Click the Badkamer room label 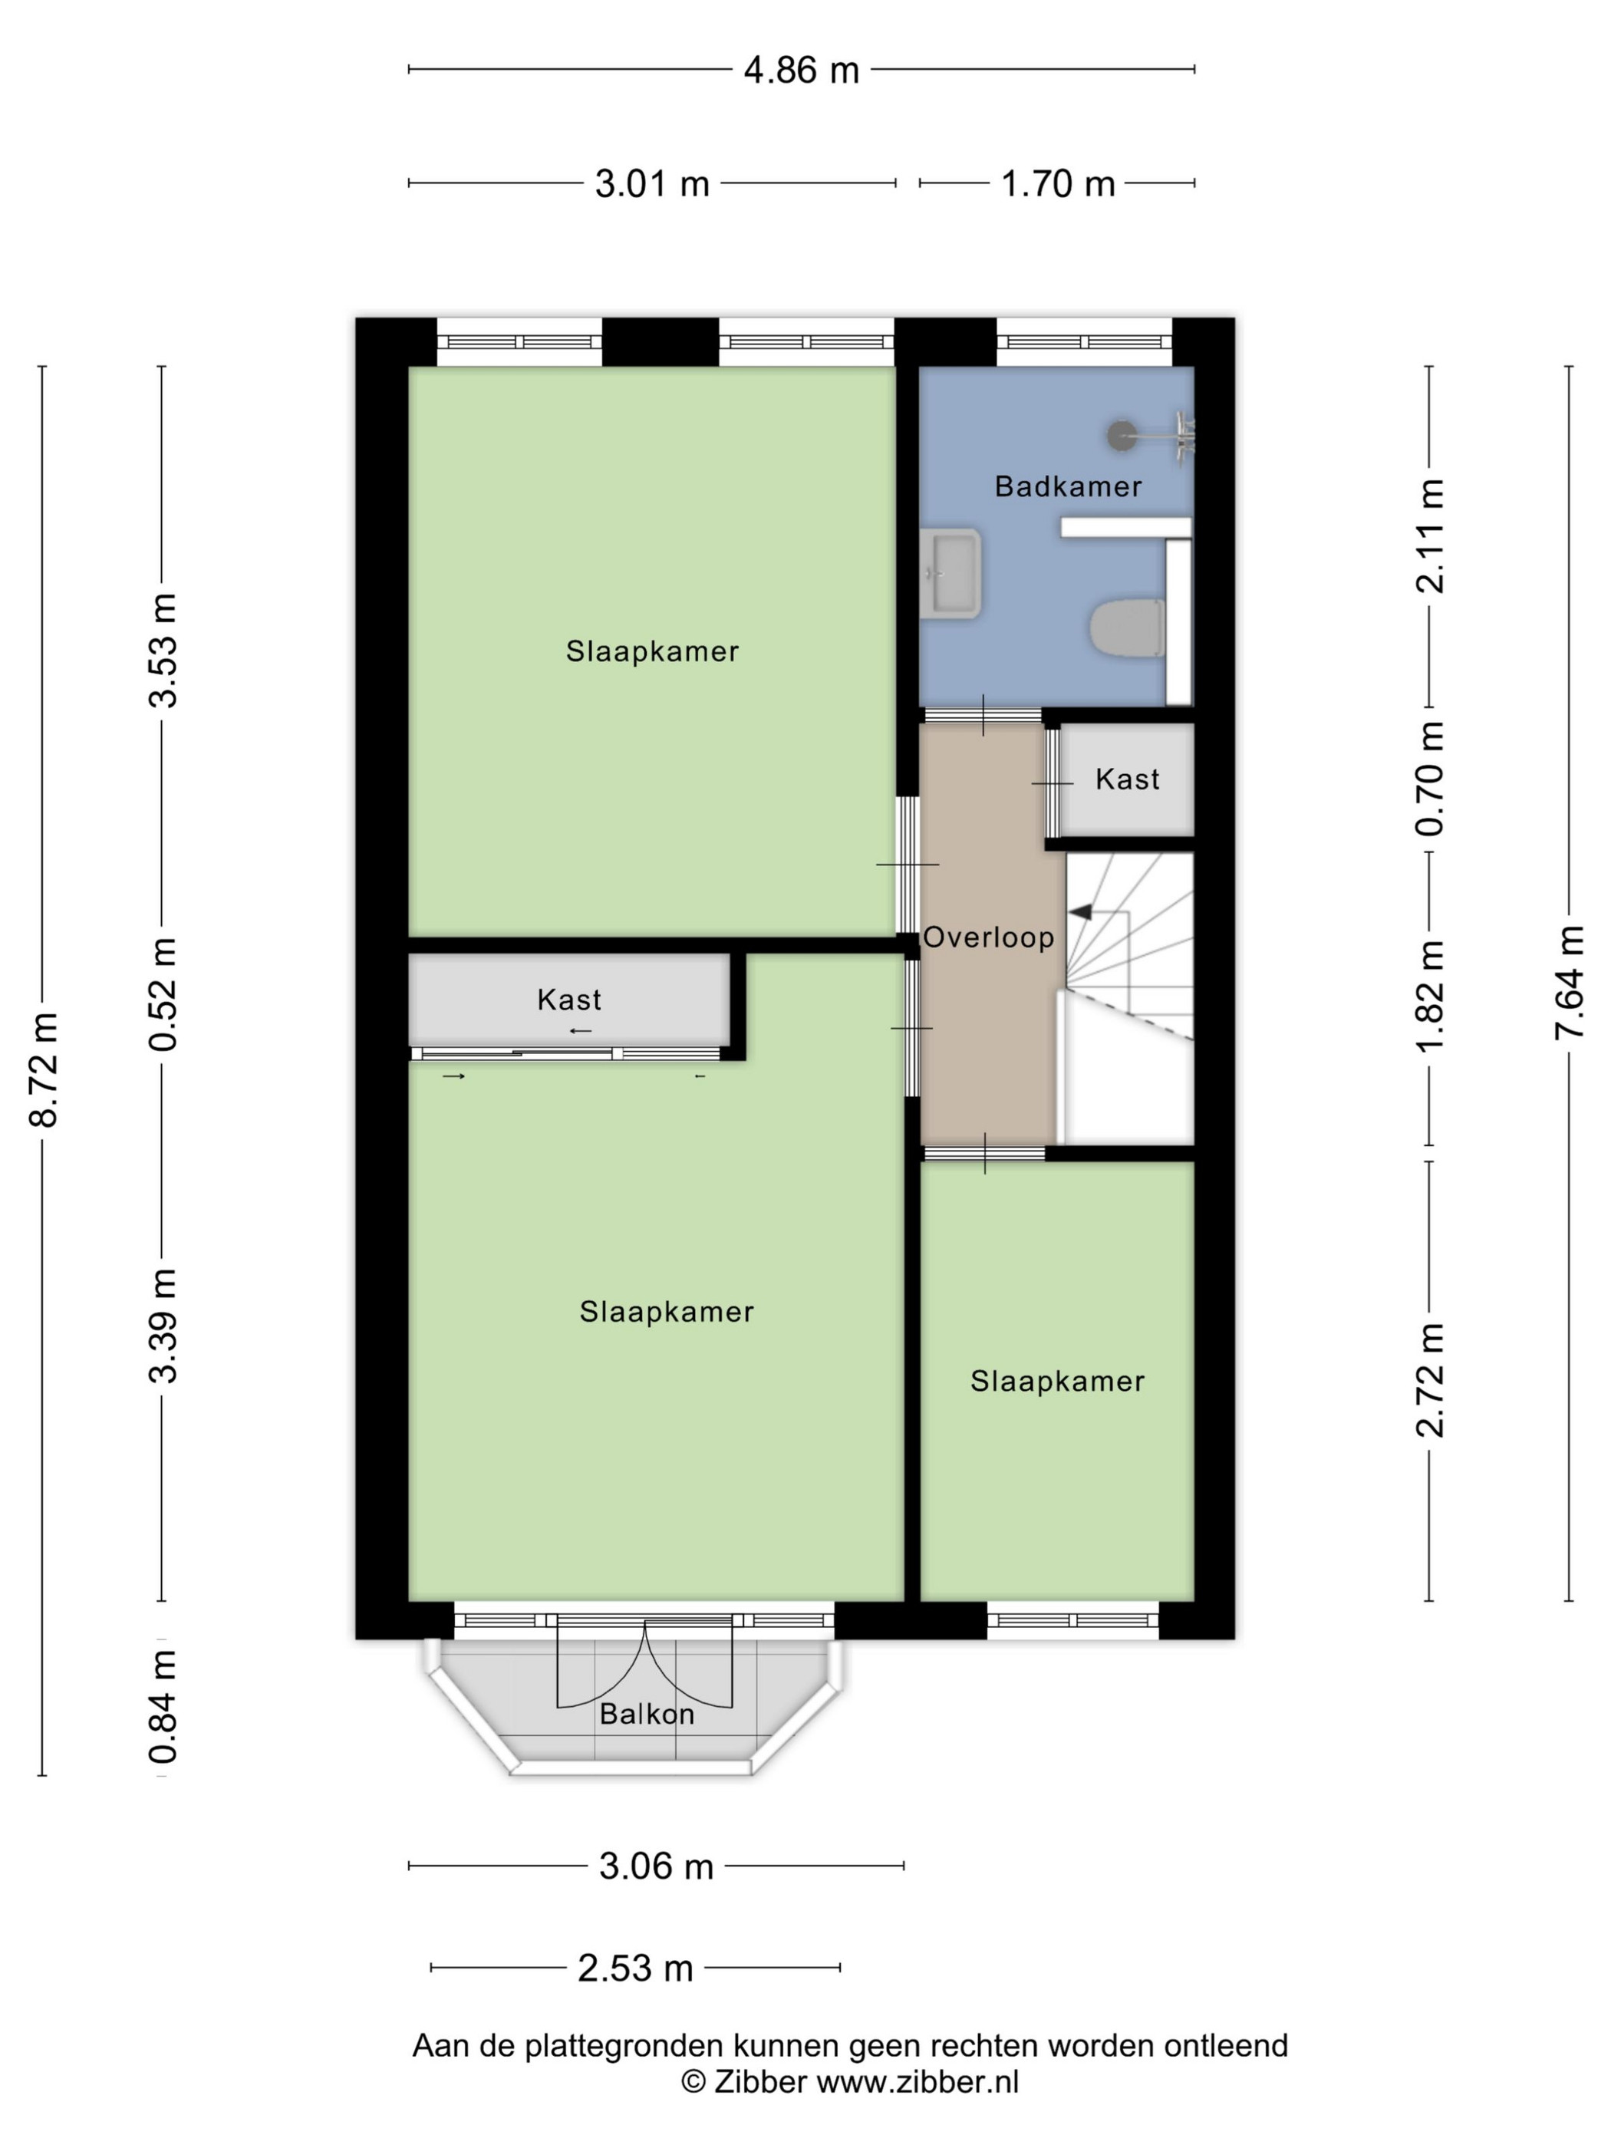click(1067, 486)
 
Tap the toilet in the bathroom click(1126, 628)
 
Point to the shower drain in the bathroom click(1122, 435)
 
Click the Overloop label click(987, 937)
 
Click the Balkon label click(647, 1714)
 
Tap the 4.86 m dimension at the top click(801, 71)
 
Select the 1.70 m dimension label click(1057, 183)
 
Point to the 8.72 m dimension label click(44, 1068)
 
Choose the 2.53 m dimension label click(635, 1968)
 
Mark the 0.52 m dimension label click(163, 994)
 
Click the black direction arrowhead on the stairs click(1080, 912)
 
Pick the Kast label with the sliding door click(569, 1000)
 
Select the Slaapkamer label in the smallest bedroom click(1057, 1381)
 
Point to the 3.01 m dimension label click(651, 183)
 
